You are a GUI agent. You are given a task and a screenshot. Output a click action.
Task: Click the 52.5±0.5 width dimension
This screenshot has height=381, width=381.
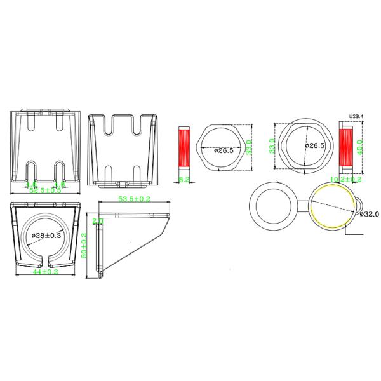tap(46, 190)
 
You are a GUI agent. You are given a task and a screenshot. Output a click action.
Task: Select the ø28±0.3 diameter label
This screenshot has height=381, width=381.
tap(45, 236)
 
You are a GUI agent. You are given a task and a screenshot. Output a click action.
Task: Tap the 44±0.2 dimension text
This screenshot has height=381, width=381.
tap(45, 272)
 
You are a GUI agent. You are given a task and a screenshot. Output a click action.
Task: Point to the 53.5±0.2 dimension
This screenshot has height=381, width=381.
tap(135, 200)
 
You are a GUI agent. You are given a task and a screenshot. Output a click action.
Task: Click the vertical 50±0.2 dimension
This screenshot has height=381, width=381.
tap(84, 244)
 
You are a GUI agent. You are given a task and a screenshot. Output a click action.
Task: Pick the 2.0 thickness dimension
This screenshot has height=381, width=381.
tap(97, 221)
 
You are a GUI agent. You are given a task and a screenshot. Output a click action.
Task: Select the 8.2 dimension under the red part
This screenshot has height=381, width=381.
tap(184, 180)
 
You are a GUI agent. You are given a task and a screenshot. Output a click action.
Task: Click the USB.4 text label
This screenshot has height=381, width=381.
tap(356, 117)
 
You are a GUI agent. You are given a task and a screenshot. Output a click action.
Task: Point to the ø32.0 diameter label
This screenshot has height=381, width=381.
tap(369, 214)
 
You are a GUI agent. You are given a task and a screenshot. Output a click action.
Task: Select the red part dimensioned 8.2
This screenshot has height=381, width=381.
tap(184, 150)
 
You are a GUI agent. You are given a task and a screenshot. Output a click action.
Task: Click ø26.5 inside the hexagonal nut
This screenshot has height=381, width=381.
tap(224, 151)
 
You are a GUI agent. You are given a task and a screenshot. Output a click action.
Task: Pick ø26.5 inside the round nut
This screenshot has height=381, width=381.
tap(314, 145)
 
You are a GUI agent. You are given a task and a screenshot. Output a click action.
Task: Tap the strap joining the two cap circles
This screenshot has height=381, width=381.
tap(302, 205)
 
